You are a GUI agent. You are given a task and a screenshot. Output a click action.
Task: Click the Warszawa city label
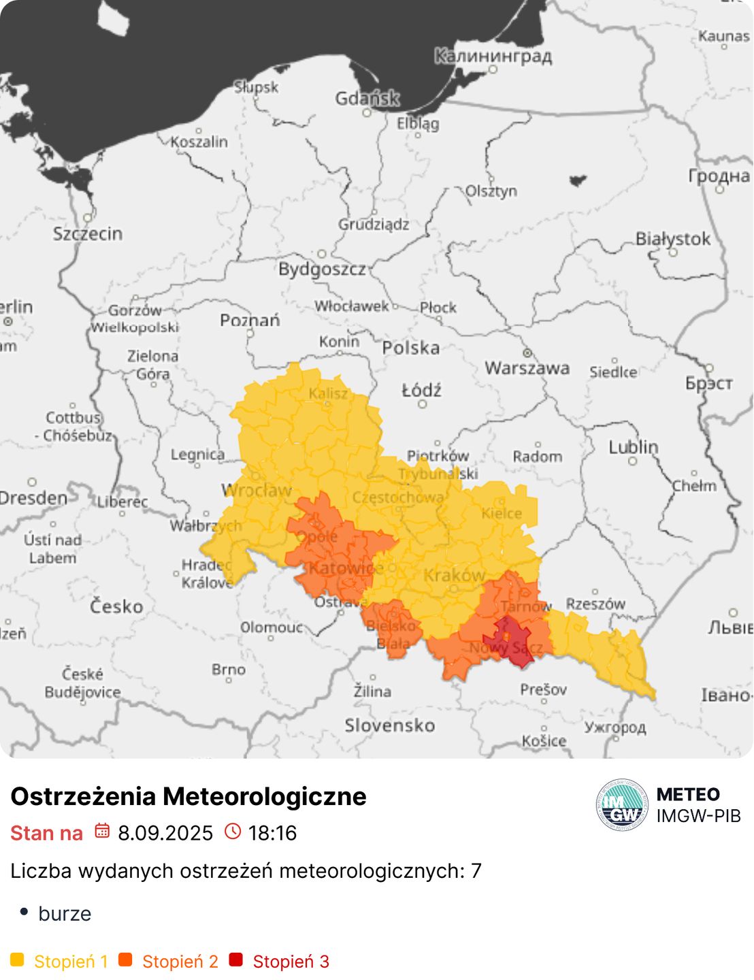[x=527, y=368]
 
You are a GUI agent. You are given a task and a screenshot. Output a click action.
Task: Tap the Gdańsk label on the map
[x=367, y=99]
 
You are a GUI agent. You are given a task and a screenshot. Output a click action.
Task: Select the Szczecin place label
[x=88, y=233]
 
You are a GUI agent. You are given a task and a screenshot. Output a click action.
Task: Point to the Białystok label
[x=672, y=239]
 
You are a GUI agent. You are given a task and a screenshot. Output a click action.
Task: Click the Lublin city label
[x=633, y=447]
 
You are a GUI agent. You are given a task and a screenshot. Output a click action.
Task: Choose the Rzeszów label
[x=595, y=604]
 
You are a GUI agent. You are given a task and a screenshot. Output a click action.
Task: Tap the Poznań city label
[x=250, y=320]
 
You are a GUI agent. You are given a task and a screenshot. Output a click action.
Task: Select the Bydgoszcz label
[x=322, y=269]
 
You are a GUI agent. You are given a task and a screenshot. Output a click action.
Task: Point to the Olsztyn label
[x=491, y=191]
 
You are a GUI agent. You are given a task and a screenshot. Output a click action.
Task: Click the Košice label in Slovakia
[x=544, y=740]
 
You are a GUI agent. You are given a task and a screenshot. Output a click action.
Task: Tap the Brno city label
[x=228, y=670]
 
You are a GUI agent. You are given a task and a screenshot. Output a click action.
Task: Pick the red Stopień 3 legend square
[x=236, y=960]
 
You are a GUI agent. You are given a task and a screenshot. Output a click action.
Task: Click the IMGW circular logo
[x=622, y=804]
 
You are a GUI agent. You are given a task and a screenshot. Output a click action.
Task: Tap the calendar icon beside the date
[x=102, y=831]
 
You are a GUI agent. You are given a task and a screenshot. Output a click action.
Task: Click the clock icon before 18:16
[x=233, y=831]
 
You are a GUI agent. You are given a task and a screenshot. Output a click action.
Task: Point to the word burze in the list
[x=65, y=913]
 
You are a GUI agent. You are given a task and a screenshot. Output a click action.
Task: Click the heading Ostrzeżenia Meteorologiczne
[x=188, y=796]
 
